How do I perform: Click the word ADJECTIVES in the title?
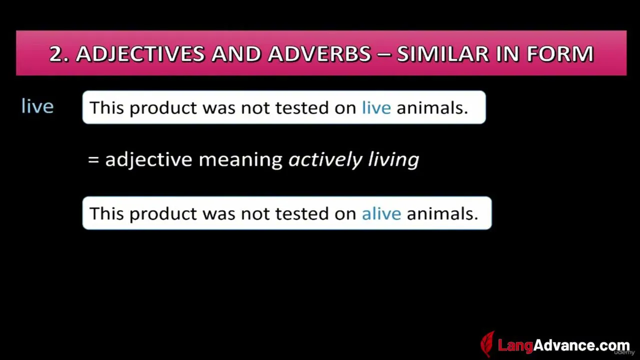140,53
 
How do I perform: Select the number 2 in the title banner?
56,53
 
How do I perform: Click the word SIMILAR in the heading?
443,53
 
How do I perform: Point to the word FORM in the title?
560,53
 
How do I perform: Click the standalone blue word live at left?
37,106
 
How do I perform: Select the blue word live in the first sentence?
376,107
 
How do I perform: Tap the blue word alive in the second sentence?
381,213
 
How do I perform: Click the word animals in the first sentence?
432,107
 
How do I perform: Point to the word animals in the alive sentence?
442,213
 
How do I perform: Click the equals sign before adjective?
93,159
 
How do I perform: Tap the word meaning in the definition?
240,160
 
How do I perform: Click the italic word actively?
325,160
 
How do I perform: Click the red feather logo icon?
487,343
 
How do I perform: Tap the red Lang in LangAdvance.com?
515,345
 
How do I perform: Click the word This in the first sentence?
107,107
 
